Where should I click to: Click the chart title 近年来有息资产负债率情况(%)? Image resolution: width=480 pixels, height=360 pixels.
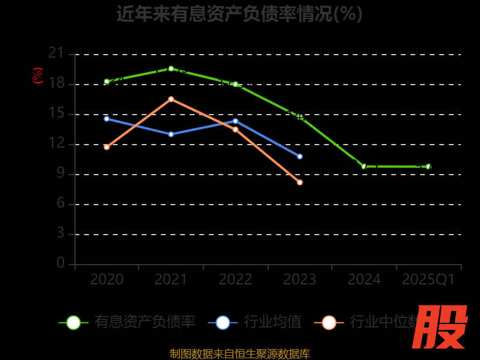click(239, 14)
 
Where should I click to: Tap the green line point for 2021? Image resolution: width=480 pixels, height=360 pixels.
click(171, 68)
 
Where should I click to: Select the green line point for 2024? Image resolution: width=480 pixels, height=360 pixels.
click(364, 166)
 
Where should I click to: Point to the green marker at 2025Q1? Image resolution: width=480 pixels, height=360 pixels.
click(428, 166)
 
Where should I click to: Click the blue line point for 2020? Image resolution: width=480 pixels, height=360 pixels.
click(107, 119)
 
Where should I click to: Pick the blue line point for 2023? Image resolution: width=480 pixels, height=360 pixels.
click(300, 157)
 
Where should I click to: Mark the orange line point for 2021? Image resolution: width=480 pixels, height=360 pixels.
click(171, 99)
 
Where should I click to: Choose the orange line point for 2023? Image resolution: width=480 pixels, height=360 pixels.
click(300, 182)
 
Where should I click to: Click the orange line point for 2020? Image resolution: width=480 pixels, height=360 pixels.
click(107, 147)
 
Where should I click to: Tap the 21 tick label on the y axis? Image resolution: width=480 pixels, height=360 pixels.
click(56, 53)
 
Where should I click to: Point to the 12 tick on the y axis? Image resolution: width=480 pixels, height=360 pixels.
click(56, 143)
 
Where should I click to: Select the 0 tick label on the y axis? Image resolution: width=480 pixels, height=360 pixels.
click(61, 263)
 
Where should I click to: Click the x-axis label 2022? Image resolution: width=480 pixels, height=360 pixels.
click(235, 280)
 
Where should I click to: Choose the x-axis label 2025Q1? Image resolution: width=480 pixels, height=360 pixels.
click(428, 280)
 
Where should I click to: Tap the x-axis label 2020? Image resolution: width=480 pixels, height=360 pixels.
click(107, 280)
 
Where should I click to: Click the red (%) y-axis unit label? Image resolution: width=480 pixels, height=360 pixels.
click(38, 76)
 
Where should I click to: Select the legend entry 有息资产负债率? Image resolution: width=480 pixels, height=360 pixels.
click(145, 322)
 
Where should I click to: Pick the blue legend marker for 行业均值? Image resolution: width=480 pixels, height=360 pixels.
click(223, 322)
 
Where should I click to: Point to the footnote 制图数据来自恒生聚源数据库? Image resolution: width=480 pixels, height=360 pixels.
click(239, 353)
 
